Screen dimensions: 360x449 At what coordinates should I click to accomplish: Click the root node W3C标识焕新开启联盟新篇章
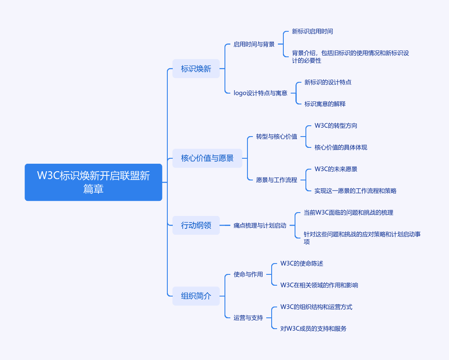pos(93,182)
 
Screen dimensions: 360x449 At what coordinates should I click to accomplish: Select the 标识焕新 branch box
pos(196,69)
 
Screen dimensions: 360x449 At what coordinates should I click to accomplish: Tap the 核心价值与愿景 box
pos(207,158)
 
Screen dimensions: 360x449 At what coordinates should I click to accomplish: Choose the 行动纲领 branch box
pos(196,226)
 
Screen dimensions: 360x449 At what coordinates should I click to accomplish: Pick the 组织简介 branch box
pos(196,296)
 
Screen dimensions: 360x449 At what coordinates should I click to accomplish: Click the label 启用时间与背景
pos(254,44)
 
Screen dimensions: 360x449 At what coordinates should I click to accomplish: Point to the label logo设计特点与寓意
pos(260,93)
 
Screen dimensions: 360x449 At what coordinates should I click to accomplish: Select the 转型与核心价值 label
pos(276,137)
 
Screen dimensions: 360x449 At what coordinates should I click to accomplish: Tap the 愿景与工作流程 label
pos(276,180)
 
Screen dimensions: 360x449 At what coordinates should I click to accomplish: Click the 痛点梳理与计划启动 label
pos(260,226)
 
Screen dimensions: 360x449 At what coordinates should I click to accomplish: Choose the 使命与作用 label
pos(248,274)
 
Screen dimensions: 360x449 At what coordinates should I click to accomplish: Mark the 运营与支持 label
pos(248,318)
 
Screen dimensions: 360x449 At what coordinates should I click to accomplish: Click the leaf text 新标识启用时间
pos(312,31)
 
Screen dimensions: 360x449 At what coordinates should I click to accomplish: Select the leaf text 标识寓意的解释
pos(325,104)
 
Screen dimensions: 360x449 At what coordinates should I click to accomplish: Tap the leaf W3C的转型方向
pos(335,126)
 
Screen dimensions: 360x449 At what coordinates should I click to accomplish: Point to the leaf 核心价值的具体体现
pos(341,147)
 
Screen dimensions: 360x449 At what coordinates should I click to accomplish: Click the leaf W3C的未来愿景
pos(335,169)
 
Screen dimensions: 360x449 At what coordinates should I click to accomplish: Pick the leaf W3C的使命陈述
pos(301,264)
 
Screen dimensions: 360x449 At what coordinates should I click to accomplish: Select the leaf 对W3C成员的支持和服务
pos(313,329)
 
